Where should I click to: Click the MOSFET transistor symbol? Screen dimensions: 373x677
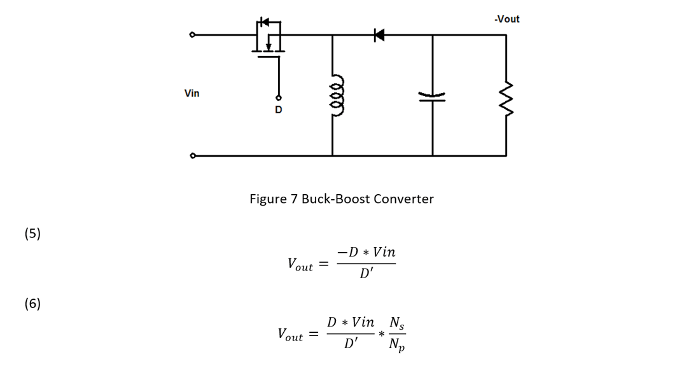(x=270, y=38)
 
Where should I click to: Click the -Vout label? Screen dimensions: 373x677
(x=506, y=19)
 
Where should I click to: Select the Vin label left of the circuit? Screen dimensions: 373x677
(x=192, y=94)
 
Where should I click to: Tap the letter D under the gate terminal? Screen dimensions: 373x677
(x=278, y=110)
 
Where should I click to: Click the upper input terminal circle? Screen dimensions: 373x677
(x=192, y=35)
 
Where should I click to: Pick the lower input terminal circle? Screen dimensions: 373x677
(x=192, y=155)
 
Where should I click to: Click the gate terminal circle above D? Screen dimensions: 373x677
(x=278, y=99)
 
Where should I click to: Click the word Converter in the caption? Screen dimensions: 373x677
(x=403, y=199)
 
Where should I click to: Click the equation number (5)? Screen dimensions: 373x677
(x=32, y=234)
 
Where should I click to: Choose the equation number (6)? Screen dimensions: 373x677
(x=32, y=304)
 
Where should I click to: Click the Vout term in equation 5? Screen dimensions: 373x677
(x=300, y=264)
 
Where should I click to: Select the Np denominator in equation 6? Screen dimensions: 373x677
(x=398, y=346)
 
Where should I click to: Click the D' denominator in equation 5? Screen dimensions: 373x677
(x=367, y=275)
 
